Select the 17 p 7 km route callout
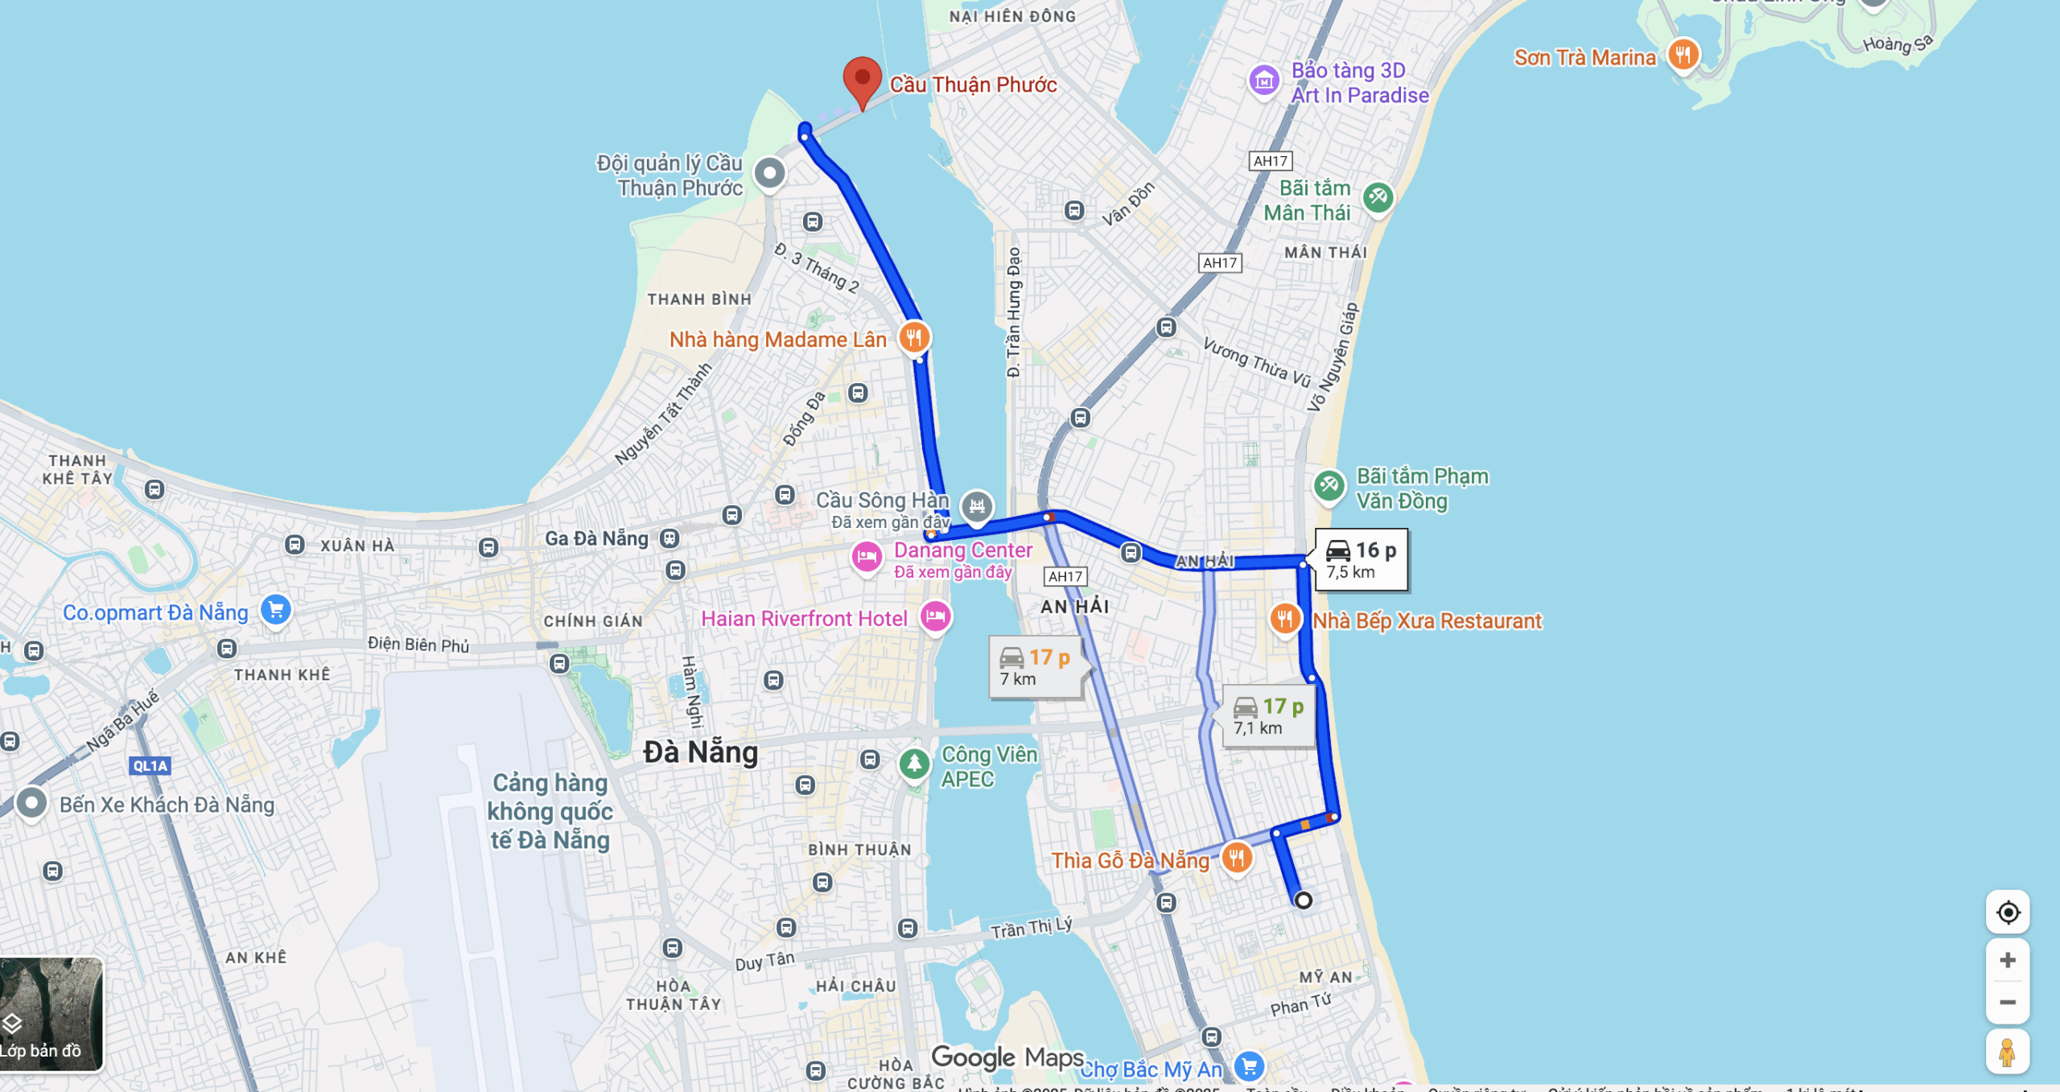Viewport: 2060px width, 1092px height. pyautogui.click(x=1035, y=667)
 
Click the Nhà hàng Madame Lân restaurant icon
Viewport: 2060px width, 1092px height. pyautogui.click(x=913, y=337)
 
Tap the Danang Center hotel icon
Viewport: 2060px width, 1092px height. pyautogui.click(x=867, y=556)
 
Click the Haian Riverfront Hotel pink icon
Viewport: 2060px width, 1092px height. pyautogui.click(x=935, y=617)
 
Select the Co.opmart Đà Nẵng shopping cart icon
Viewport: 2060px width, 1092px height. pyautogui.click(x=276, y=609)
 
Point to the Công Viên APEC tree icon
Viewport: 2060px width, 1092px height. pyautogui.click(x=914, y=762)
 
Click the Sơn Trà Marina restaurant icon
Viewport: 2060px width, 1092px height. pyautogui.click(x=1683, y=55)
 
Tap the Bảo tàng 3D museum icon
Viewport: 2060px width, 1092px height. pyautogui.click(x=1264, y=80)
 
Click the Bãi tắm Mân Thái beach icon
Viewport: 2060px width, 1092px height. pyautogui.click(x=1378, y=197)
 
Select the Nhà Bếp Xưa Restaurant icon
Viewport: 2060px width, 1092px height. pyautogui.click(x=1285, y=619)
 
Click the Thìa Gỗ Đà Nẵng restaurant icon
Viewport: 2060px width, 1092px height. pyautogui.click(x=1237, y=857)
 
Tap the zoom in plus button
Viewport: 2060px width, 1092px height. pyautogui.click(x=2008, y=959)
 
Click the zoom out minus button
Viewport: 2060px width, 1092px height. pyautogui.click(x=2008, y=1002)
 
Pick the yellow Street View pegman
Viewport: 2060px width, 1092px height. pyautogui.click(x=2008, y=1052)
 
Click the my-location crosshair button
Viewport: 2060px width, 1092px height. pyautogui.click(x=2008, y=913)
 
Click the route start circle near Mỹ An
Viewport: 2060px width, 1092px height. pyautogui.click(x=1304, y=900)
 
